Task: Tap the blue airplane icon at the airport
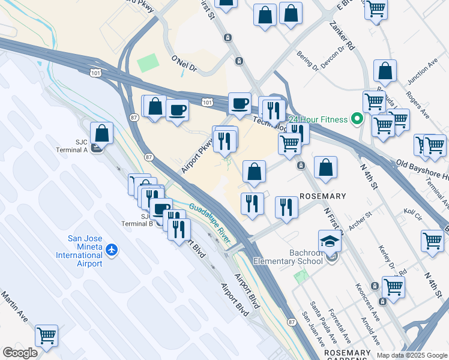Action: coord(112,249)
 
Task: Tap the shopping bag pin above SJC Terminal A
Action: coord(102,134)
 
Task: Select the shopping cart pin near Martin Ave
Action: coord(46,336)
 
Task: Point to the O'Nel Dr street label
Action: coord(184,64)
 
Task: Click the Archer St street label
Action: coord(360,217)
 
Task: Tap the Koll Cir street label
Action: coord(414,212)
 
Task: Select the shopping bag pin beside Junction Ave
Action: coord(385,71)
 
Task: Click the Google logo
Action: coord(20,353)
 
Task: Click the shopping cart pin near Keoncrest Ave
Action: coord(393,286)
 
